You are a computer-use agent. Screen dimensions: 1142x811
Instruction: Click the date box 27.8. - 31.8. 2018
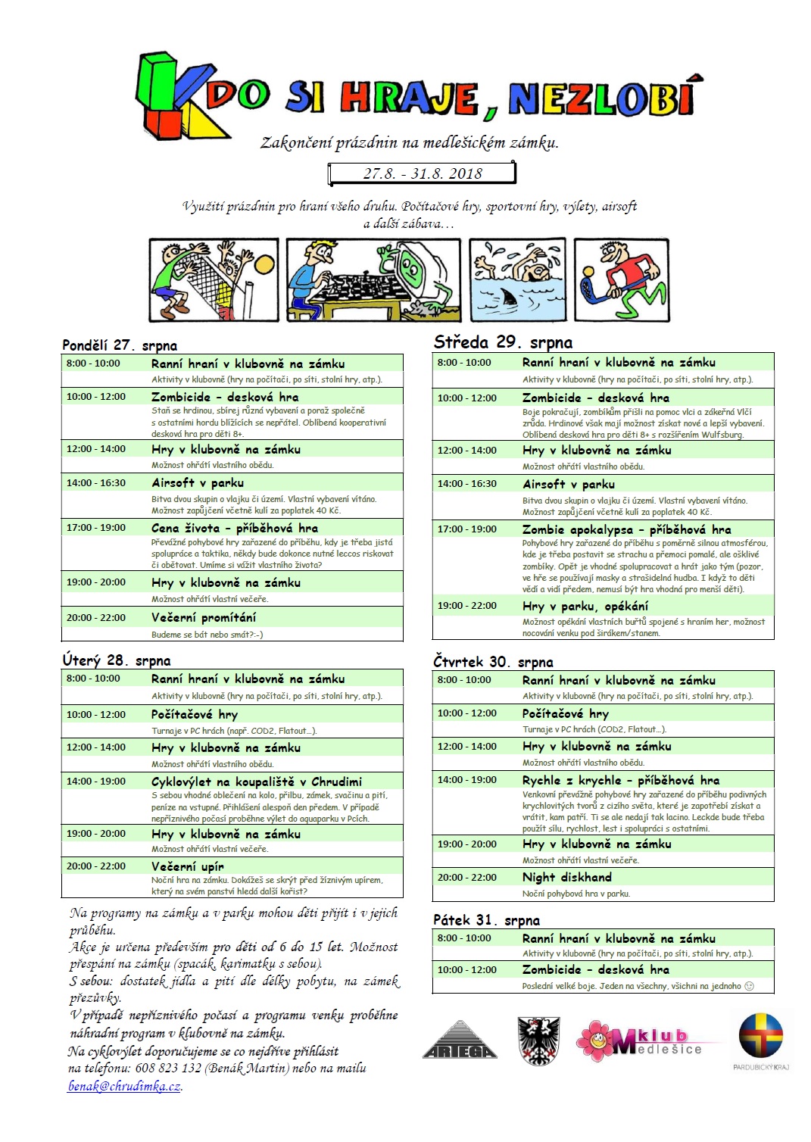click(x=422, y=173)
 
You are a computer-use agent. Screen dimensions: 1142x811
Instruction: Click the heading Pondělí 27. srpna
click(x=120, y=345)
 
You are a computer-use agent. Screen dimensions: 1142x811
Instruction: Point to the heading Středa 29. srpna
click(x=503, y=342)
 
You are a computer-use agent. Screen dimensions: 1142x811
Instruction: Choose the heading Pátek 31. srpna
click(x=486, y=920)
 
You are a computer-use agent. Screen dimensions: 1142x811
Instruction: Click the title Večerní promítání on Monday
click(x=204, y=617)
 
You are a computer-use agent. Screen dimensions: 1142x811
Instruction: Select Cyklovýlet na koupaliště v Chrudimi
click(x=256, y=781)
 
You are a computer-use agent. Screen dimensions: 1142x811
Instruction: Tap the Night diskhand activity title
click(x=566, y=877)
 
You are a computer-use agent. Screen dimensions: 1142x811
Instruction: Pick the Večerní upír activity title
click(x=187, y=866)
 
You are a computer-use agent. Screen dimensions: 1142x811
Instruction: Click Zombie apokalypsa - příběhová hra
click(x=626, y=529)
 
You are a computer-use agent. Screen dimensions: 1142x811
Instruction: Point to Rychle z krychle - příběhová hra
click(x=620, y=780)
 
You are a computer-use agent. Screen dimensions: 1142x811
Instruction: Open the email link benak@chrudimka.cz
click(x=124, y=1086)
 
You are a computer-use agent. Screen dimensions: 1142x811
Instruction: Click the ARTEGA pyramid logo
click(x=459, y=1041)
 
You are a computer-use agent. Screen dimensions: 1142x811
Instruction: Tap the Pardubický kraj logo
click(x=761, y=1037)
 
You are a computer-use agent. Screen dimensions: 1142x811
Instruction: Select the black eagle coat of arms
click(x=538, y=1041)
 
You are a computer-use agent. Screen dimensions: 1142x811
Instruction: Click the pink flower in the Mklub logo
click(x=597, y=1039)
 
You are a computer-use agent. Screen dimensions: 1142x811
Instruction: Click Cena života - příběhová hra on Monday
click(x=234, y=528)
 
